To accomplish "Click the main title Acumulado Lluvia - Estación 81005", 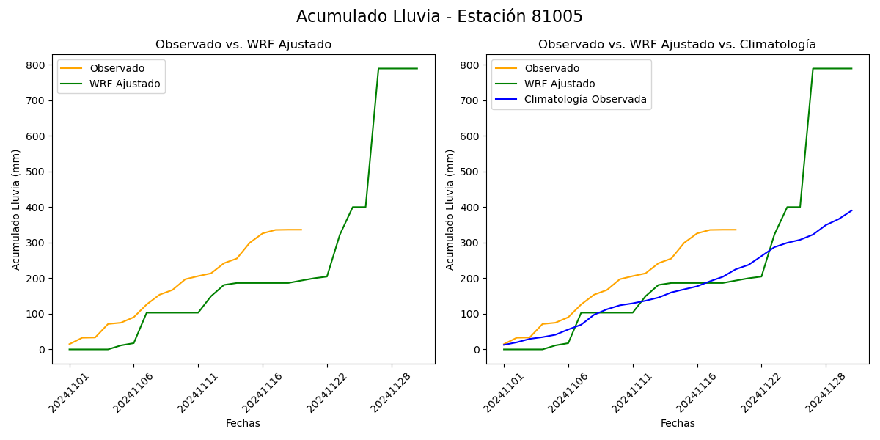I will pos(439,17).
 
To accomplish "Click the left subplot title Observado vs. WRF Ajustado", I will pos(243,45).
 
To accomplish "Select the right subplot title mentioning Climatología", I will pos(677,45).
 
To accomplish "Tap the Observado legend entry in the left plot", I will pos(117,68).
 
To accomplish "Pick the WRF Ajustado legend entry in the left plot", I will pos(125,84).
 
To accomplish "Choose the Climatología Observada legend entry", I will pos(585,100).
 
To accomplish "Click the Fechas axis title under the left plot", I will pos(243,423).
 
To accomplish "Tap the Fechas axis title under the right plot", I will pos(678,423).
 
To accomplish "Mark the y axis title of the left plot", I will pos(16,209).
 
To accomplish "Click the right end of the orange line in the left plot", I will pos(301,230).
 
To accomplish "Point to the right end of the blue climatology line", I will pos(851,210).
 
